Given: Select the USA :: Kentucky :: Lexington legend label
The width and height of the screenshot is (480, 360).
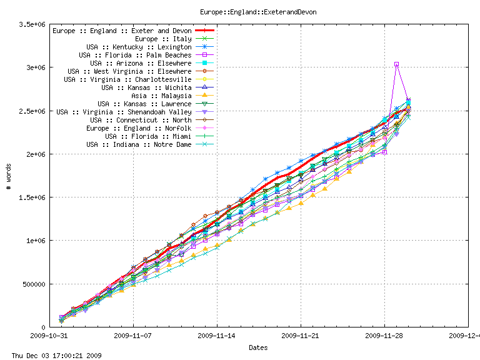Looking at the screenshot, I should [139, 47].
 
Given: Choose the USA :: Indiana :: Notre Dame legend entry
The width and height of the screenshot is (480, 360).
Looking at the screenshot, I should [139, 144].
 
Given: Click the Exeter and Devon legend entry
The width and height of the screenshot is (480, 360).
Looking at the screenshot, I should [122, 31].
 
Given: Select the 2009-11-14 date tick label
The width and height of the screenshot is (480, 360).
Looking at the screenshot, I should [217, 336].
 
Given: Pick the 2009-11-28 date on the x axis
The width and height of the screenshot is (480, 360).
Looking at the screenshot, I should [384, 336].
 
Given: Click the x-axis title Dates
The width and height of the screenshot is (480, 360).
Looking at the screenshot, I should [259, 347].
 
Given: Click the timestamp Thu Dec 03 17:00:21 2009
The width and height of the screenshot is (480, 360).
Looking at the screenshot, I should [52, 355].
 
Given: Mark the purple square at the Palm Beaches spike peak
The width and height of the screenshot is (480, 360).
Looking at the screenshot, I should [396, 64].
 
